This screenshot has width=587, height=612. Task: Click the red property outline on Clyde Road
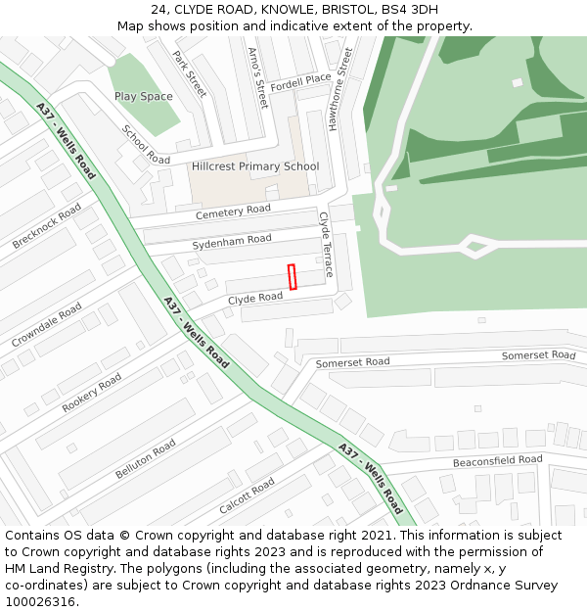click(292, 277)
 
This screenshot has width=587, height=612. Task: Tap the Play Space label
click(143, 97)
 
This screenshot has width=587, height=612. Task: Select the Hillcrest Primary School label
click(255, 166)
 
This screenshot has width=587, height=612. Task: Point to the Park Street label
click(190, 73)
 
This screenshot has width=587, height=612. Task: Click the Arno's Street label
click(257, 77)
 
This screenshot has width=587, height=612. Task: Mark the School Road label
click(146, 144)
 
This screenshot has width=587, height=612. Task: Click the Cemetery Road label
click(233, 212)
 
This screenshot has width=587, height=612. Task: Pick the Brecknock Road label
click(46, 226)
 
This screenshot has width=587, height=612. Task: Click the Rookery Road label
click(92, 392)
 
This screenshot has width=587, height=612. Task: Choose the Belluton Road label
click(145, 458)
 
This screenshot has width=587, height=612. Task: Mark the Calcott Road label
click(247, 495)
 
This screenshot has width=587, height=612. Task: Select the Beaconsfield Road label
click(497, 460)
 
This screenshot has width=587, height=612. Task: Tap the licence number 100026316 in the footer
click(40, 601)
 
